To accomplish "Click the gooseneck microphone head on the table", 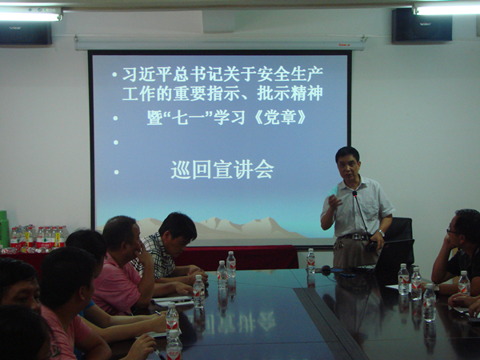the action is [354, 194].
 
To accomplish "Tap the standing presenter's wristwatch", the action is [382, 233].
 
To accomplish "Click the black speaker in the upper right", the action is [422, 25].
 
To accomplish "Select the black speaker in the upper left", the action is [26, 33].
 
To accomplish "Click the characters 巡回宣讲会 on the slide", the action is [222, 170].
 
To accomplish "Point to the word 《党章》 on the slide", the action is [280, 118].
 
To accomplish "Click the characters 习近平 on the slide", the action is [147, 74].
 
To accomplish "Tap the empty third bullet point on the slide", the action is [116, 142].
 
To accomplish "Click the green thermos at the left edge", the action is [4, 229].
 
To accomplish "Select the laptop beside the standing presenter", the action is [394, 255].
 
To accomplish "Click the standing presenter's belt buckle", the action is [356, 237].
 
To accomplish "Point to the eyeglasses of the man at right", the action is [452, 232].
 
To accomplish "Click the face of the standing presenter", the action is [346, 168].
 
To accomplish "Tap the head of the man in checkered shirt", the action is [177, 231].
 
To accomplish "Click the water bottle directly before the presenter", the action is [310, 261].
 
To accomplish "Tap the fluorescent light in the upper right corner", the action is [447, 10].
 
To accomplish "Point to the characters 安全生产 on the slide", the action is [290, 74].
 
